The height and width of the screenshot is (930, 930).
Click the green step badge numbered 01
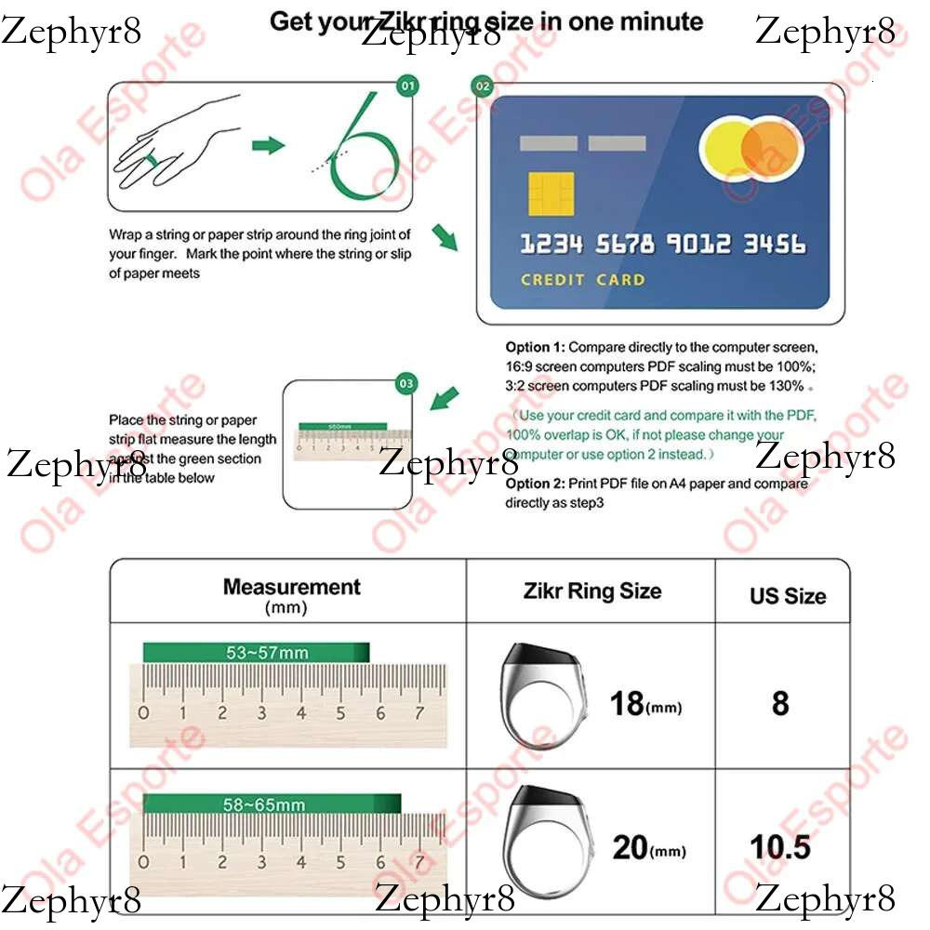click(407, 86)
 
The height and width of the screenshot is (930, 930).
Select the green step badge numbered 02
click(482, 86)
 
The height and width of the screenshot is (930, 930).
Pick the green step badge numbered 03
click(406, 383)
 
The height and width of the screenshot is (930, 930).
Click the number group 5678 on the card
click(625, 245)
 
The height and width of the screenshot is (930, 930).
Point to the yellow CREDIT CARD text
click(582, 279)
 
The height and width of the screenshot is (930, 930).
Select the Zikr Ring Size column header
click(592, 591)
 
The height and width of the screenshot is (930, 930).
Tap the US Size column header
click(788, 595)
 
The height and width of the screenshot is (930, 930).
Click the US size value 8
click(780, 703)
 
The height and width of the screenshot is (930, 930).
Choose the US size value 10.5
click(780, 846)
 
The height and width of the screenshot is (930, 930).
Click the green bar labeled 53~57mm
click(256, 653)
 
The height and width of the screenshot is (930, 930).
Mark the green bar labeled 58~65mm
click(272, 804)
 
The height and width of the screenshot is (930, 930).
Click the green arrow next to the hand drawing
click(268, 145)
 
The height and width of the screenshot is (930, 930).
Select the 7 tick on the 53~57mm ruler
click(419, 713)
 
